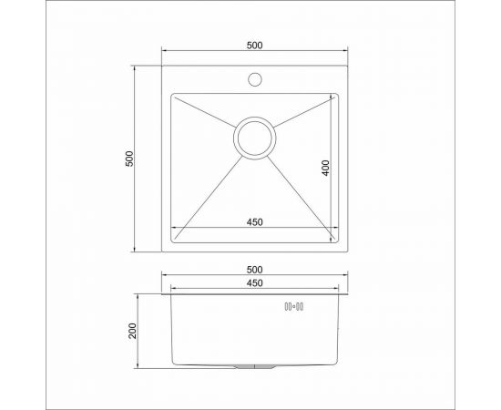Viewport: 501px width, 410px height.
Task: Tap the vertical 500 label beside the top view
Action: [130, 158]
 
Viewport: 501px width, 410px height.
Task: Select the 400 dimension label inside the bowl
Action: [325, 168]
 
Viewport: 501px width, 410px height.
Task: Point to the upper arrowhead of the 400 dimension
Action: [332, 97]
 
